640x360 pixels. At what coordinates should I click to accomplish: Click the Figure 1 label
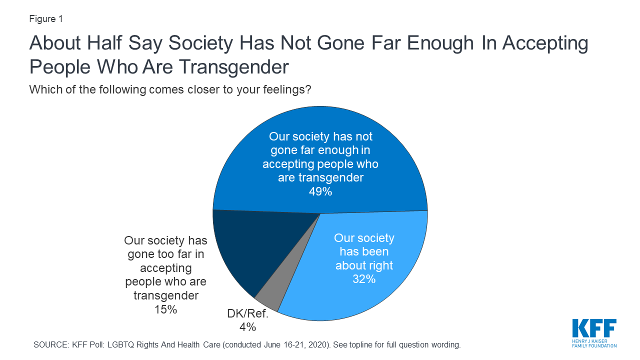[46, 19]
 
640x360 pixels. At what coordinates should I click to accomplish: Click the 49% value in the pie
[320, 191]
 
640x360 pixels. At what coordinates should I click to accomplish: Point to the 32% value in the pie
[364, 279]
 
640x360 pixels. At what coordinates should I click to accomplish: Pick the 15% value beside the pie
[165, 309]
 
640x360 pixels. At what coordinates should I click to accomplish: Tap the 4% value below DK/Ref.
[247, 327]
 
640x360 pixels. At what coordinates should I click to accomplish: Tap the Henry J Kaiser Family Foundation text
[594, 343]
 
